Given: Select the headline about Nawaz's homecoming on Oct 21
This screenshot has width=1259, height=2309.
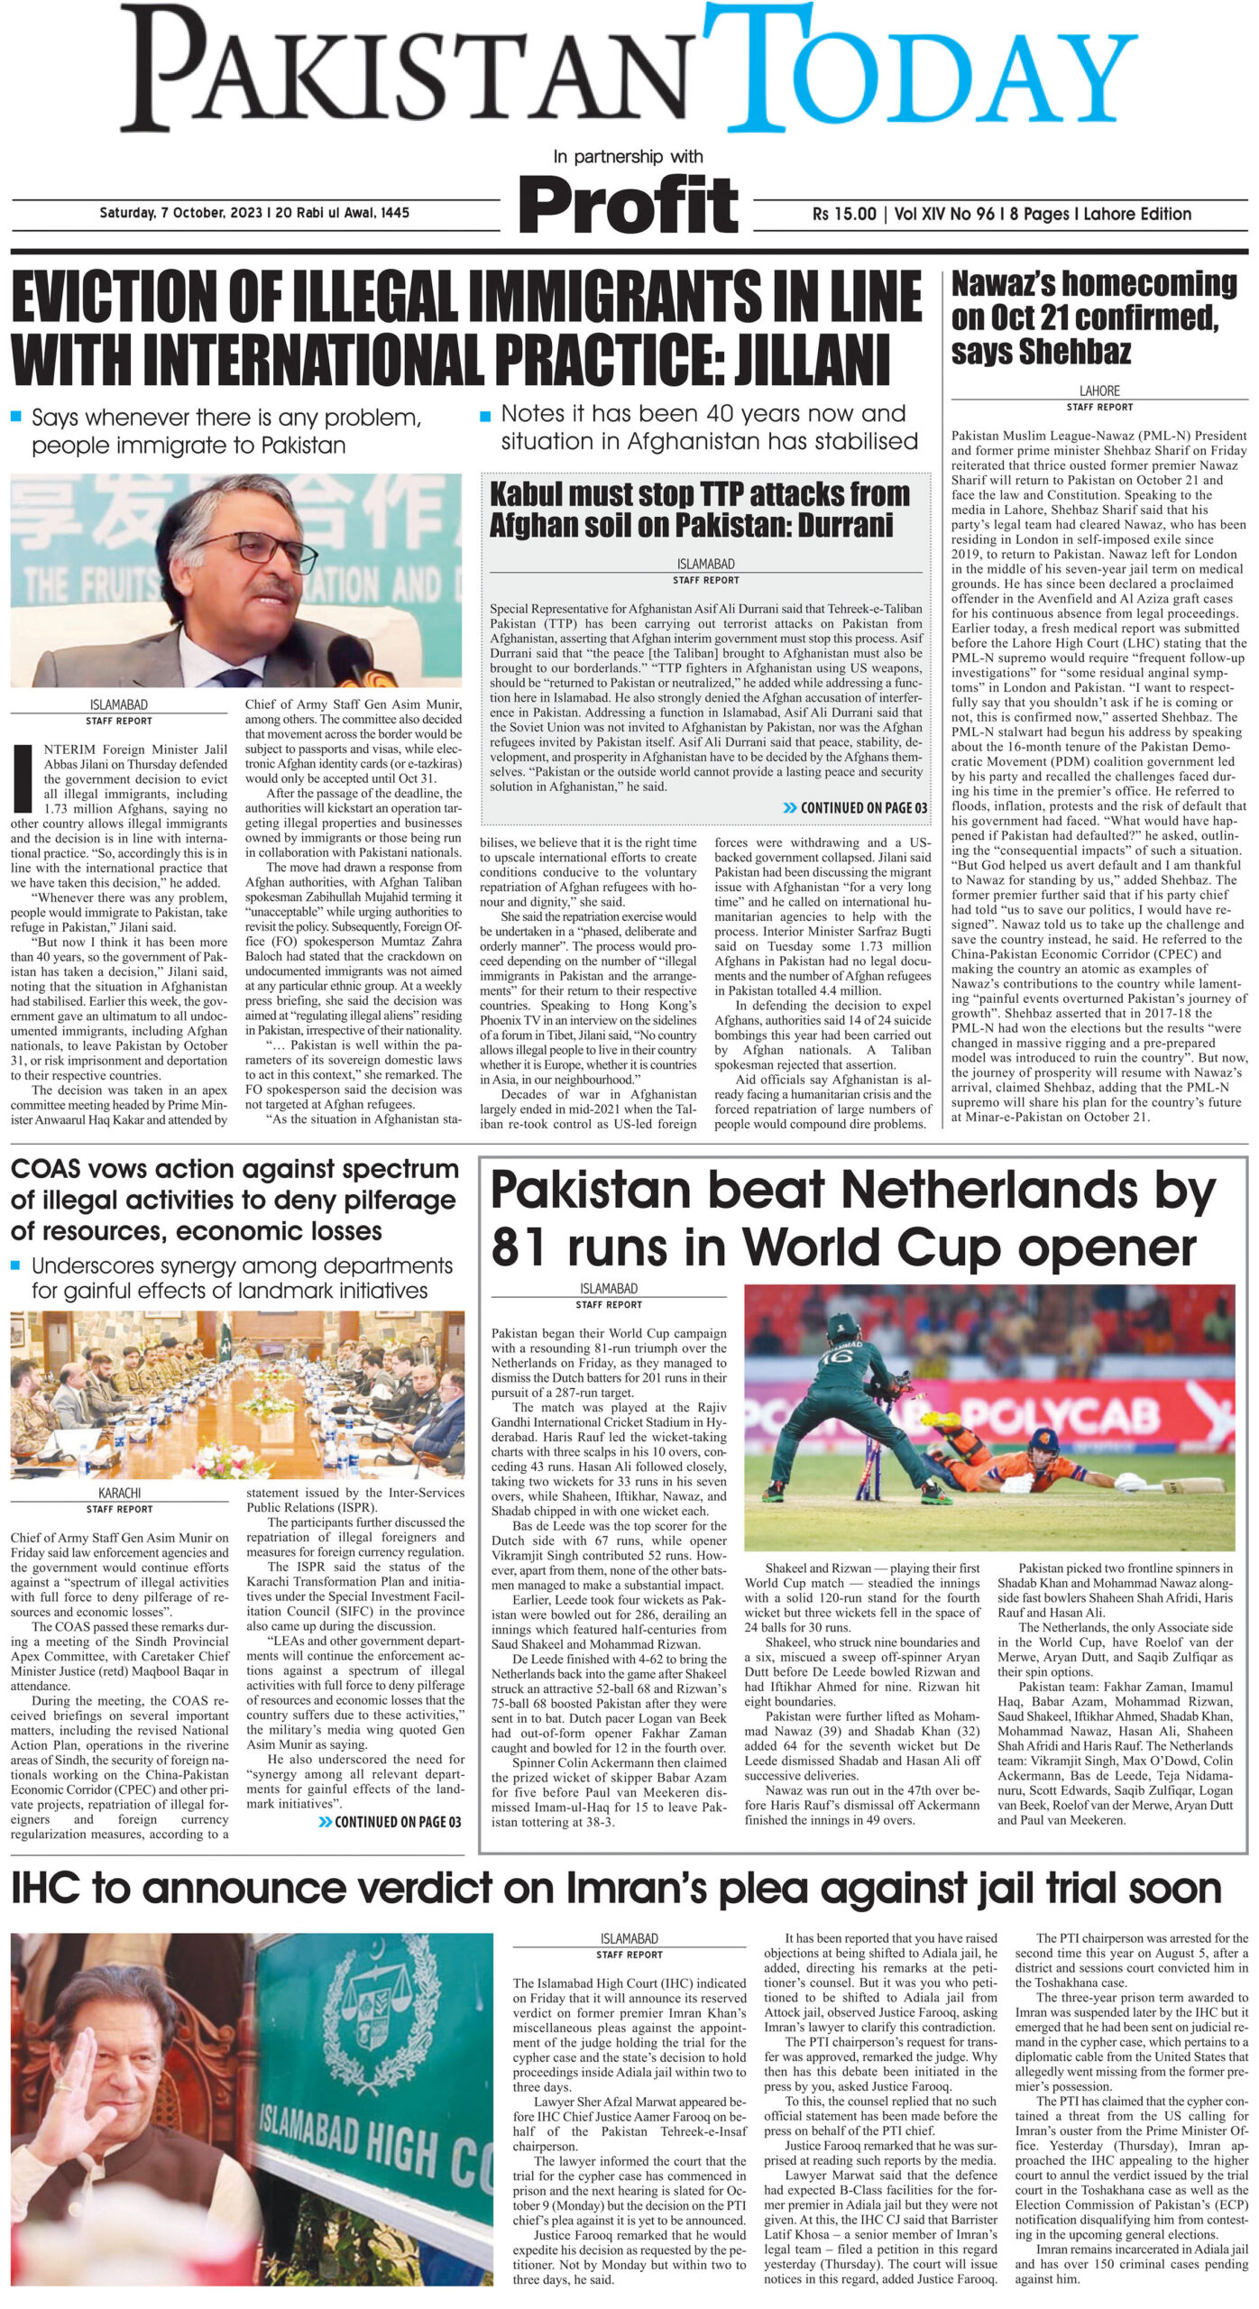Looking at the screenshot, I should (x=1093, y=318).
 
